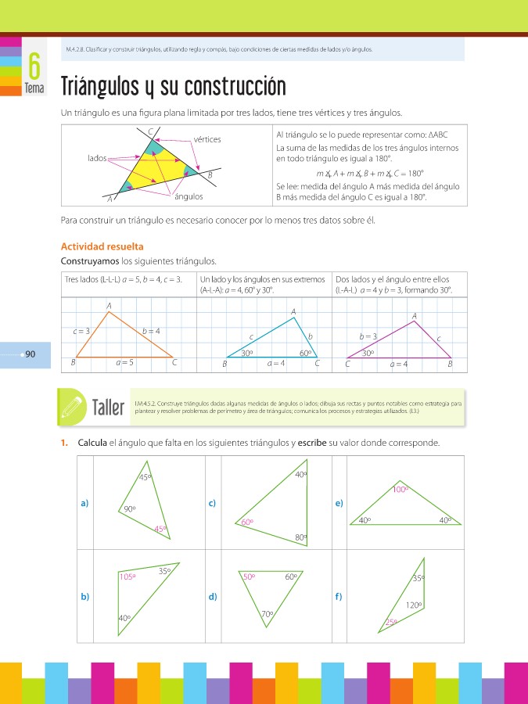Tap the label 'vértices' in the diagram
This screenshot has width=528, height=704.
(x=207, y=139)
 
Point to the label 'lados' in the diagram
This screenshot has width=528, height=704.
(x=97, y=158)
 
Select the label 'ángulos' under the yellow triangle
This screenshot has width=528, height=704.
(x=189, y=196)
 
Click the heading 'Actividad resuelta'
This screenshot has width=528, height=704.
(x=102, y=246)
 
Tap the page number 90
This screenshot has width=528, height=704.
(x=31, y=354)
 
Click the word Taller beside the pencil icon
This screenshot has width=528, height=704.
(x=108, y=407)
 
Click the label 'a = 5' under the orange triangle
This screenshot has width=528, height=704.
(x=124, y=362)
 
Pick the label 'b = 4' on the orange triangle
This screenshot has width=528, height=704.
(x=151, y=331)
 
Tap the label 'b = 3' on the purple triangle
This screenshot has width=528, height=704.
(x=368, y=336)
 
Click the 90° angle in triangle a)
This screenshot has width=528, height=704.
(x=130, y=509)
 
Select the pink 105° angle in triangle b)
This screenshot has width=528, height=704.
(x=128, y=576)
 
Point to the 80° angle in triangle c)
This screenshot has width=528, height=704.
(x=300, y=537)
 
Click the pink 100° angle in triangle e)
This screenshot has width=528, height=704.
(x=401, y=490)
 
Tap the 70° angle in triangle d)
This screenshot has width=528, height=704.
(x=268, y=614)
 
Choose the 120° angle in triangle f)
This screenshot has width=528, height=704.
(x=414, y=605)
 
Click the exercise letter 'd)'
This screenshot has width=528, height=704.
(x=213, y=597)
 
